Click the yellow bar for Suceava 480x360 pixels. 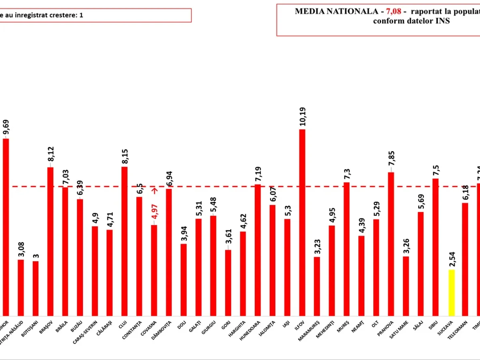[x=451, y=293]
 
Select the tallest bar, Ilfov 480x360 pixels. [x=302, y=222]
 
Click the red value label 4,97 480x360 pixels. [x=154, y=212]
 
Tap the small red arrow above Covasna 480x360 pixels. [x=154, y=190]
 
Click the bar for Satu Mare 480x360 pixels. [x=406, y=286]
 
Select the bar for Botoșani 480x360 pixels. [x=36, y=288]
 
